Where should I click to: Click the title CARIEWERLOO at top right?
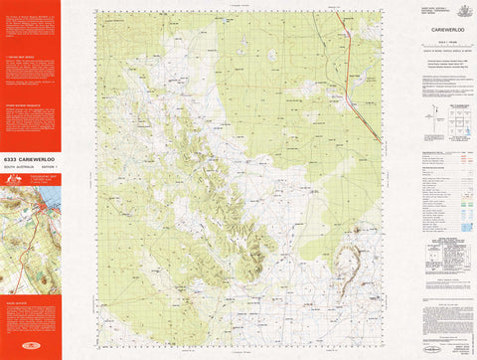click(429, 30)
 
